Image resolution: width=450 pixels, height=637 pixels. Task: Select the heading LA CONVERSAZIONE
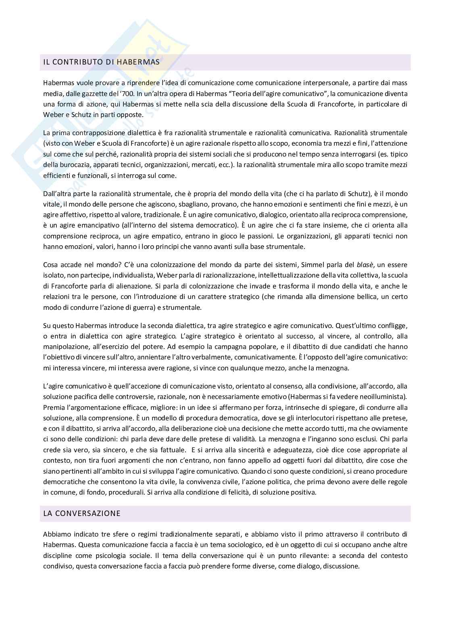click(82, 514)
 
